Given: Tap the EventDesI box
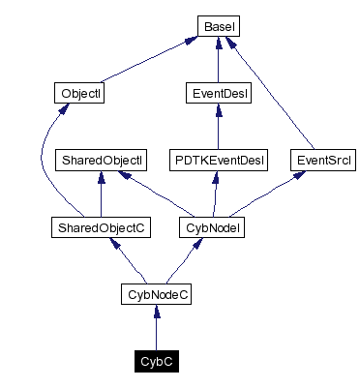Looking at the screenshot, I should coord(217,94).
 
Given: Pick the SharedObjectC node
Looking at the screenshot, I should coord(102,228).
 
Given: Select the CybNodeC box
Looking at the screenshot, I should coord(157,294).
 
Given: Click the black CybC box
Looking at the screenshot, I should coord(157,362).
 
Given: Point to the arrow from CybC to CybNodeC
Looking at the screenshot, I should coord(157,329).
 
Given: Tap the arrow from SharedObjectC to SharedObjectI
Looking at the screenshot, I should coord(102,194).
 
